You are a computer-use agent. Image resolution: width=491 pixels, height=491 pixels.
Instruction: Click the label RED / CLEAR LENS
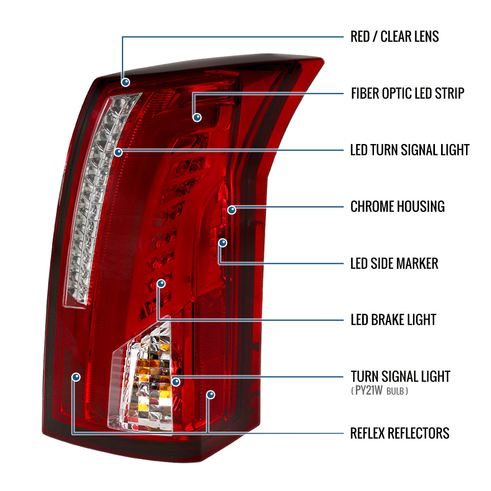tap(394, 36)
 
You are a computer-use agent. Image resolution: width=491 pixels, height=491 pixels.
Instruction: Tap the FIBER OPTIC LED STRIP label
tap(408, 93)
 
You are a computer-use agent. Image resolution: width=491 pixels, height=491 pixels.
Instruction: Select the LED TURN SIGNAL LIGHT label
tap(410, 150)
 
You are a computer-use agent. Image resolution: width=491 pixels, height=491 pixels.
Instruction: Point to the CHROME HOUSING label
tap(397, 206)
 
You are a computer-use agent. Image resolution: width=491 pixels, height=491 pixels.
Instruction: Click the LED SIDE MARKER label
tap(394, 263)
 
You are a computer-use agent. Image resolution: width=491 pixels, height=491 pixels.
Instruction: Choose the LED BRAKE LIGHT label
tap(393, 320)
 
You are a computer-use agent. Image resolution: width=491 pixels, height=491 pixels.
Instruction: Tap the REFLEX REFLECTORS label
tap(400, 433)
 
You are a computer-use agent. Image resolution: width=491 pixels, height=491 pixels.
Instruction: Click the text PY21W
tap(369, 390)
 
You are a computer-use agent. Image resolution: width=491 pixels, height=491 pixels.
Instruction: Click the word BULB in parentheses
tap(395, 391)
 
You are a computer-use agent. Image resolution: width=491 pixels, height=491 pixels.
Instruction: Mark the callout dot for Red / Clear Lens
tap(126, 82)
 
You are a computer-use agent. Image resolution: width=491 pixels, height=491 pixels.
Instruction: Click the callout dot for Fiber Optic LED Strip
tap(197, 117)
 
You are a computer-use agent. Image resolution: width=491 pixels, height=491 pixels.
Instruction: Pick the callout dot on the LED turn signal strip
tap(118, 152)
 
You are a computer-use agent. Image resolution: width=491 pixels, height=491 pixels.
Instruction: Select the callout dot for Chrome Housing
tap(232, 210)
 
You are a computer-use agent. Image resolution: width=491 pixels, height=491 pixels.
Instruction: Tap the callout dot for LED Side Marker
tap(223, 243)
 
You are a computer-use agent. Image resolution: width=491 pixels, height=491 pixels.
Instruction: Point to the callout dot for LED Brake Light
tap(161, 284)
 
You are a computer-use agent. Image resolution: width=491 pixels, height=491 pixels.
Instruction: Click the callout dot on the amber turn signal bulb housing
tap(176, 382)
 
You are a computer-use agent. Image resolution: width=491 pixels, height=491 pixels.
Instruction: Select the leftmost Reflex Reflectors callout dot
tap(76, 377)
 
